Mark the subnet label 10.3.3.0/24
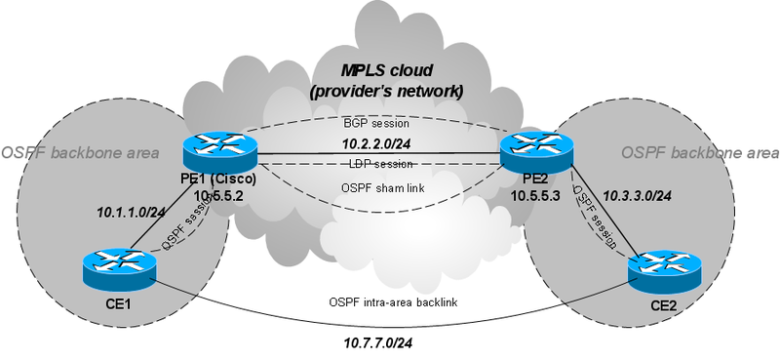click(x=638, y=195)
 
